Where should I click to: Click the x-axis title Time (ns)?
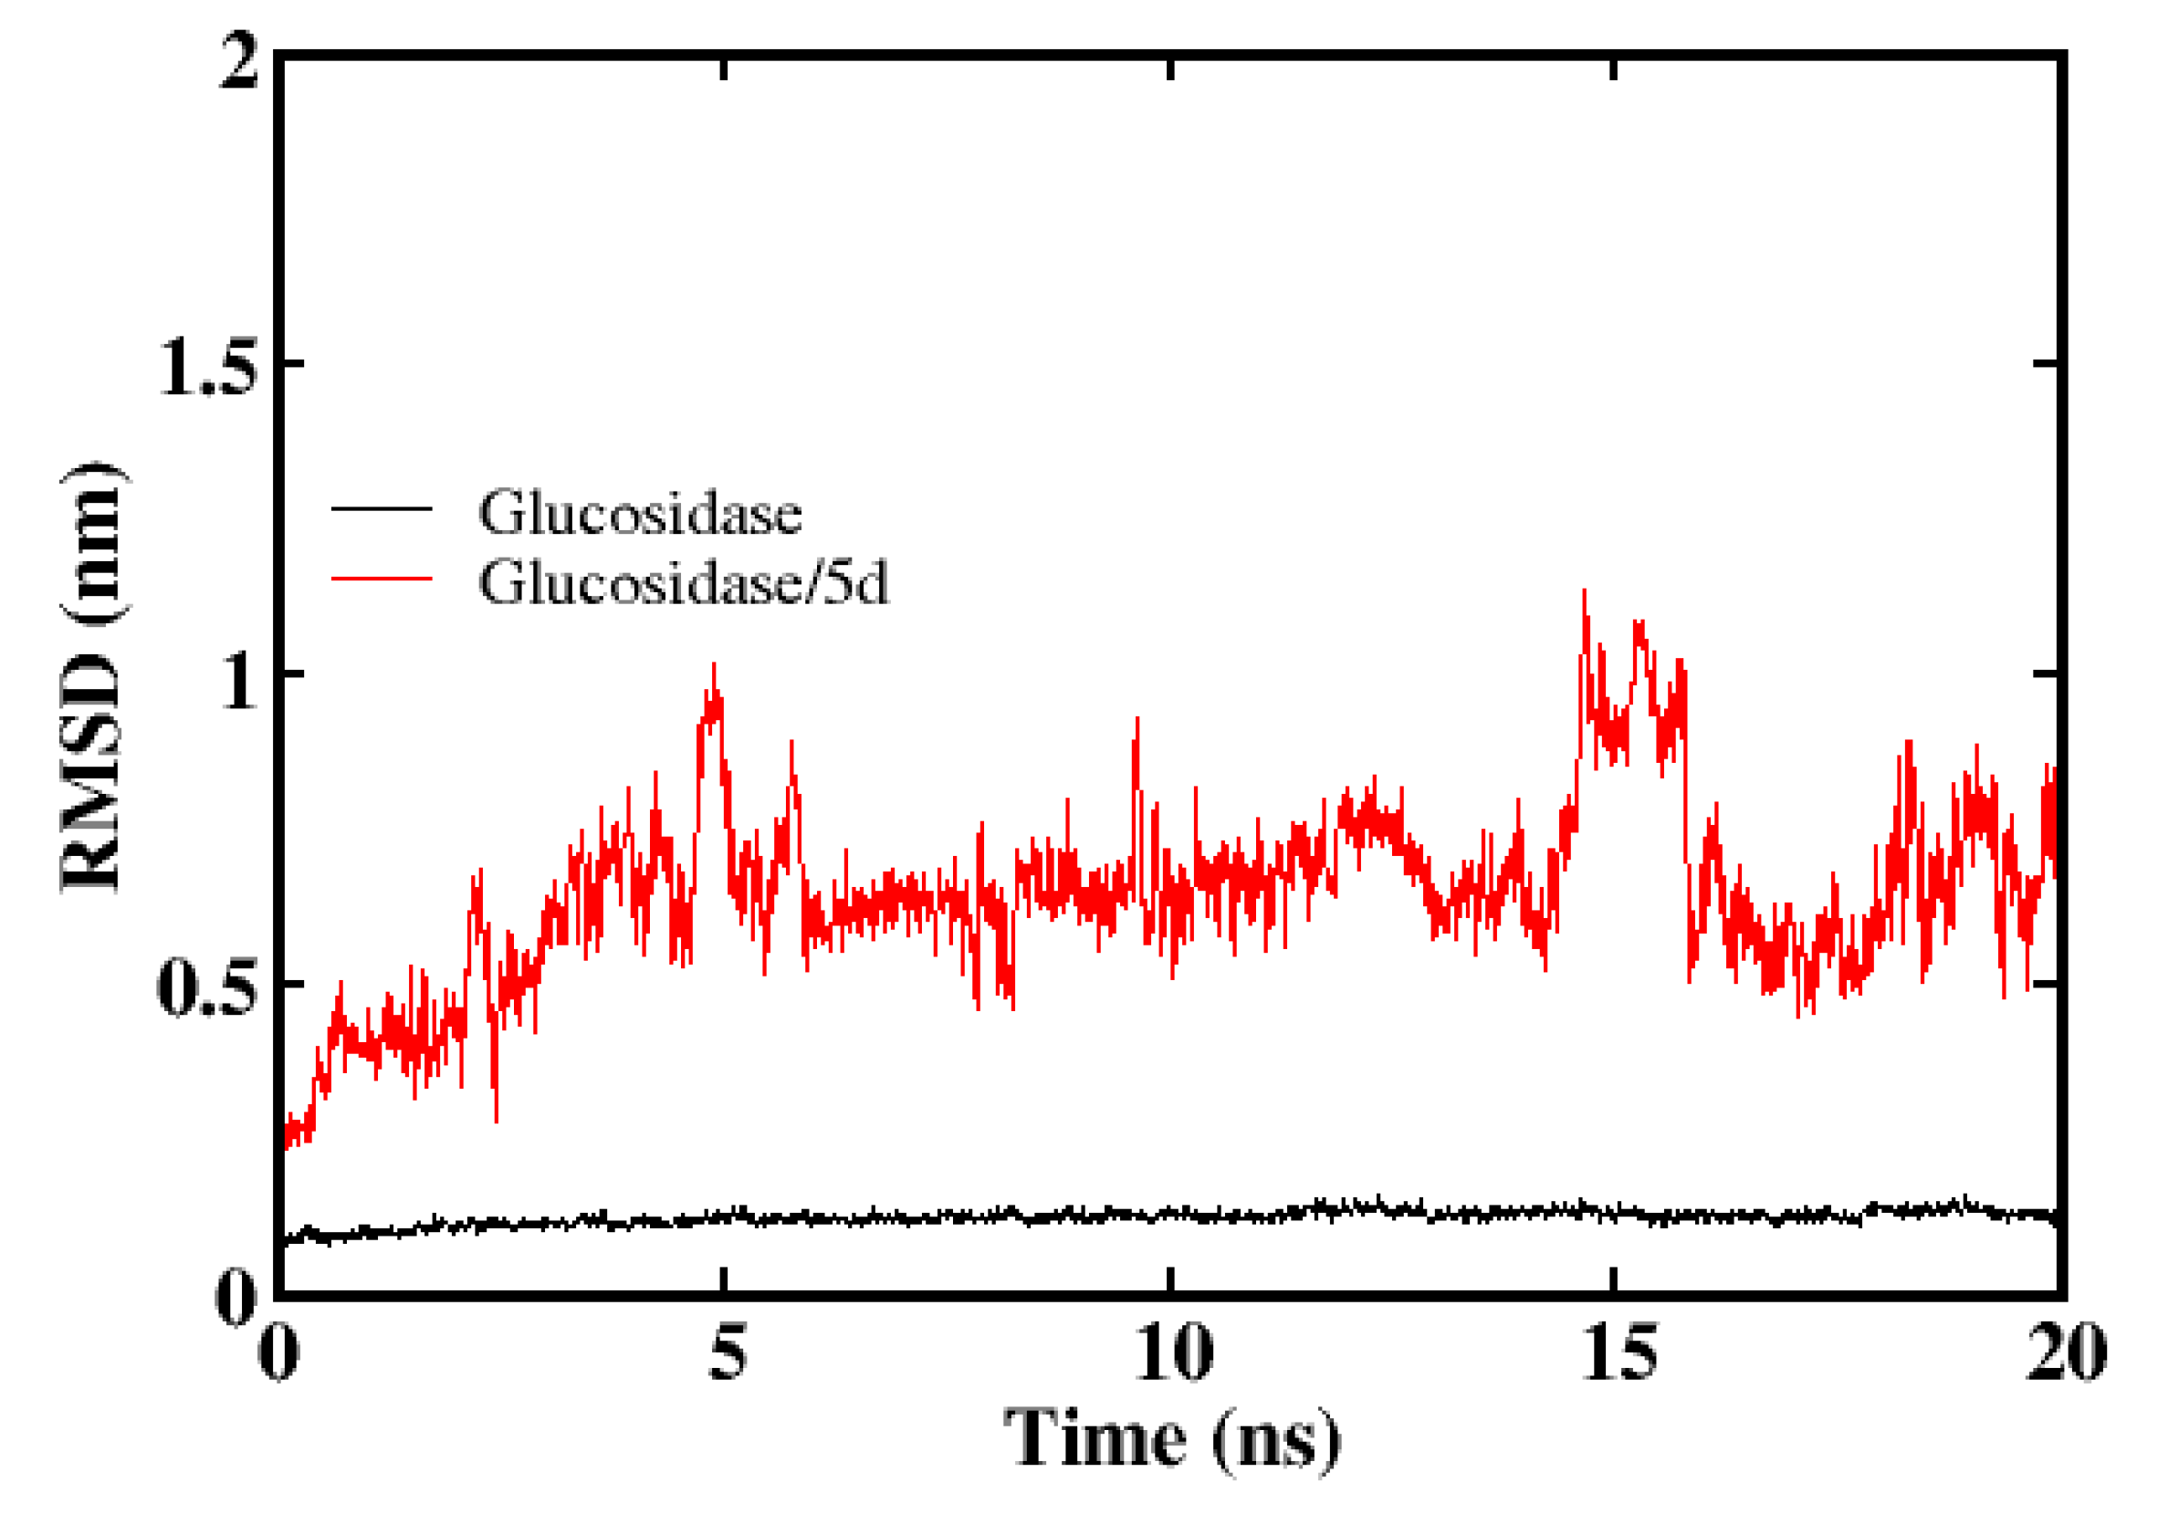1171,1438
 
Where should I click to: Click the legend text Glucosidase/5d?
683,584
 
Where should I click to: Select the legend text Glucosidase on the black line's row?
639,513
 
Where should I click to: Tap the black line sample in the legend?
381,509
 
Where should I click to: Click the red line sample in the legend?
381,577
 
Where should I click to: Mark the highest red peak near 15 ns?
1584,593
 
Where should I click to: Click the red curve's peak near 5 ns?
713,665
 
